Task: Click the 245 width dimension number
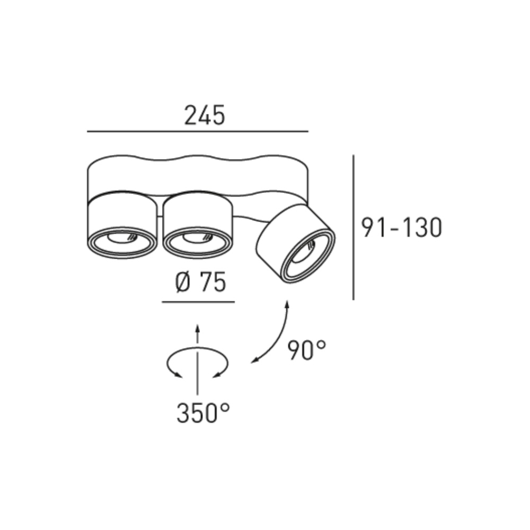205,115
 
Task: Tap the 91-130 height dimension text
402,227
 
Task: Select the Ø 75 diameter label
200,282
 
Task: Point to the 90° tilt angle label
307,350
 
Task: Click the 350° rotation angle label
203,413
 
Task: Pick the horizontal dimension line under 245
198,131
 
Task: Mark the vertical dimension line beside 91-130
354,227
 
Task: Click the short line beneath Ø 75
198,302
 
